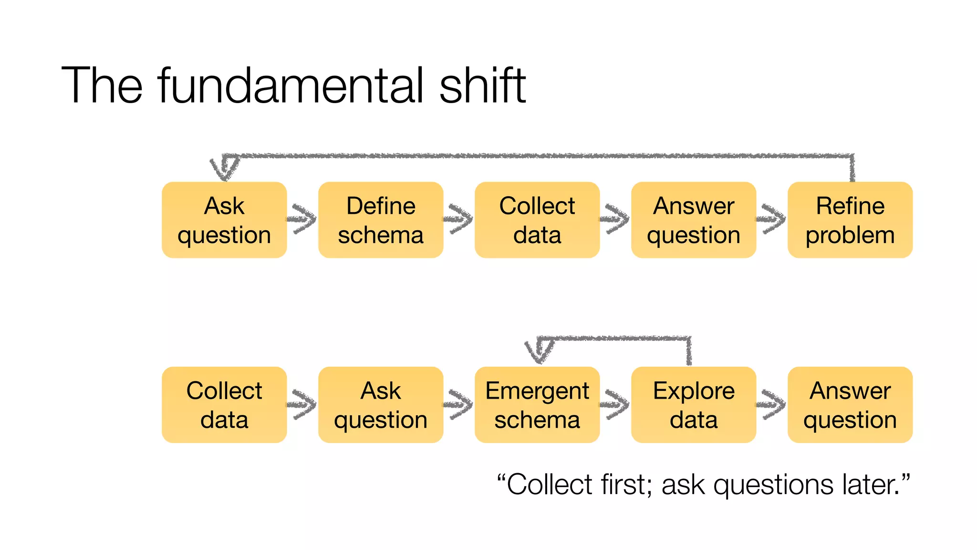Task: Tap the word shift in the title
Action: tap(482, 86)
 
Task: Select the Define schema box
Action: tap(381, 220)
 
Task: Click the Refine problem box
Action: tap(850, 220)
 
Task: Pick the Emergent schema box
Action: tap(537, 405)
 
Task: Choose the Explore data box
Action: tap(694, 405)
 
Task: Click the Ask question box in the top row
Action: tap(224, 220)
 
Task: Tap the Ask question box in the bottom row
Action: tap(381, 405)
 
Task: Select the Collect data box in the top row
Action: tap(537, 220)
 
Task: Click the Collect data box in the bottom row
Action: tap(224, 405)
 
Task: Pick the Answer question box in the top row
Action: tap(694, 220)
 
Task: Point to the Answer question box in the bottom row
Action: tap(850, 405)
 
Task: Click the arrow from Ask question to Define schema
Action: tap(302, 219)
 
